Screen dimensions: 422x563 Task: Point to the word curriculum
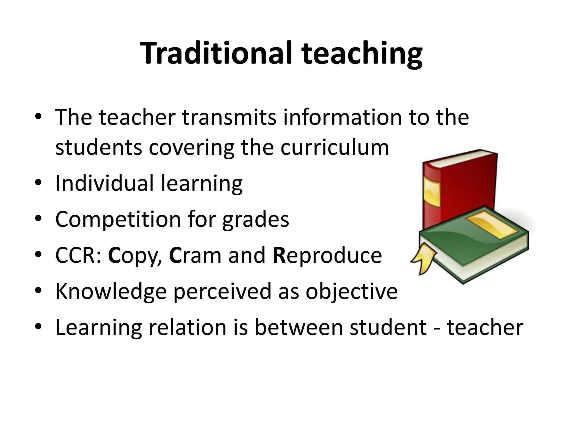[x=335, y=148]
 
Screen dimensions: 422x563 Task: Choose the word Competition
[x=118, y=220]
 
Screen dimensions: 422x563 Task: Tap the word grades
[x=255, y=220]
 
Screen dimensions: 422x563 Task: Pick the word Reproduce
[x=327, y=255]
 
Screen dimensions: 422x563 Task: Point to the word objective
[x=352, y=291]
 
